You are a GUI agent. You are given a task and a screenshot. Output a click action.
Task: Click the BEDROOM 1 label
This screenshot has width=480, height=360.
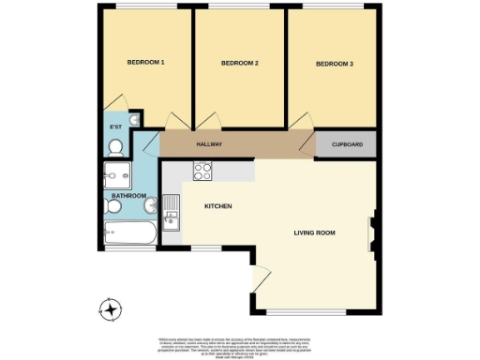146,63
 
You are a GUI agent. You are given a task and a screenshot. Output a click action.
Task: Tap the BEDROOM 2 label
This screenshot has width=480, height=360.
239,64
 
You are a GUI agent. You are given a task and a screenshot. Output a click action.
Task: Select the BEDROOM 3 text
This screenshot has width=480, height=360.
334,64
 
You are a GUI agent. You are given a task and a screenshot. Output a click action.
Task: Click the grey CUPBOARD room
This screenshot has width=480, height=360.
346,145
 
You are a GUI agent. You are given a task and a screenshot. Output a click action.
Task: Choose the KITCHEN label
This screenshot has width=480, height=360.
217,206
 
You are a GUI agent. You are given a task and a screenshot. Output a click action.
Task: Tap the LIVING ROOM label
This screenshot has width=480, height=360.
314,232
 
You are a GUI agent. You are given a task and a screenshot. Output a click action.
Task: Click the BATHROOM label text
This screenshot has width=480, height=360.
129,196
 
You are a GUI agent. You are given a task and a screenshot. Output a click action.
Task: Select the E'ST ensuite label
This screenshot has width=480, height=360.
116,127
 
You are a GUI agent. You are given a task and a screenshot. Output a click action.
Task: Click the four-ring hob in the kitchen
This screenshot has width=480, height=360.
203,171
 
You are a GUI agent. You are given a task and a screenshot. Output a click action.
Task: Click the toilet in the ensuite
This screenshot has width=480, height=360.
116,146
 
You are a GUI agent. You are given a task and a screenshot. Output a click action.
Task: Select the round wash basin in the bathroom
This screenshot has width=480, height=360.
114,206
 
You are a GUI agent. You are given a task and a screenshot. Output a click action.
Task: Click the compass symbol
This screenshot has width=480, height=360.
112,307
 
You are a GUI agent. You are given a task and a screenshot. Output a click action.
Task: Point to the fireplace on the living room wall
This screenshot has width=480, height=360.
373,233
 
